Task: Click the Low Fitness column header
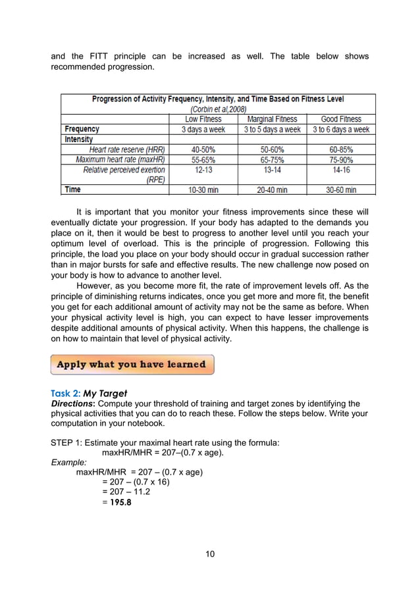click(203, 119)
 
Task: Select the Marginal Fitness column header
click(272, 119)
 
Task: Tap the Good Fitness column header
click(341, 119)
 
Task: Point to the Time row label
click(73, 190)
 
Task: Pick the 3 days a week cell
click(203, 130)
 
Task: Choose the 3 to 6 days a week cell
click(341, 130)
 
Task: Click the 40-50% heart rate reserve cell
click(203, 149)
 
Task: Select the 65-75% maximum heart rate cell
click(272, 159)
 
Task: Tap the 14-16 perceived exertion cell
click(341, 170)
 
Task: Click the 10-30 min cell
click(203, 190)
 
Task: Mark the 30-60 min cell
click(341, 190)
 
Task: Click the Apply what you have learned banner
click(132, 364)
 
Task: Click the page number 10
click(209, 554)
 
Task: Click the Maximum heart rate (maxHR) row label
click(120, 159)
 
